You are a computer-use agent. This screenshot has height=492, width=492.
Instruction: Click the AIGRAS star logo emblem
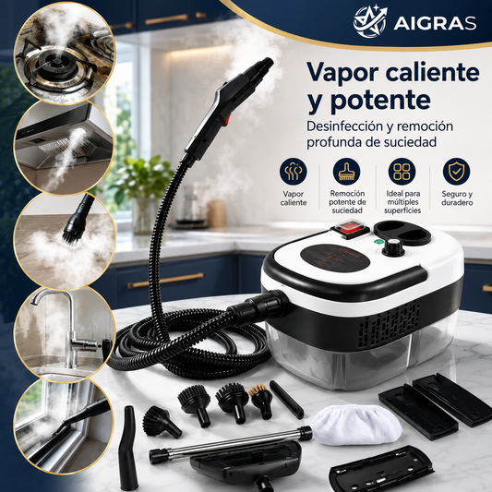pos(370,21)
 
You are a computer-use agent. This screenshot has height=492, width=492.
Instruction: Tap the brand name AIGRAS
pos(435,23)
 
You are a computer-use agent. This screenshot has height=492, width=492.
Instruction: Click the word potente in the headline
pos(380,101)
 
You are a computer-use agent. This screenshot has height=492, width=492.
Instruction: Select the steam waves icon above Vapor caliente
pos(294,172)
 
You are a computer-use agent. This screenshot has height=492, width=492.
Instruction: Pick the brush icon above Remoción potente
pos(347,172)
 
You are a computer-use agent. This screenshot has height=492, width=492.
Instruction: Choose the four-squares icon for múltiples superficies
pos(402,172)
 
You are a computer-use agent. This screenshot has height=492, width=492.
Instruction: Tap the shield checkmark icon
pos(456,172)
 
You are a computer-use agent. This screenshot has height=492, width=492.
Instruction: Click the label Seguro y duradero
pos(457,198)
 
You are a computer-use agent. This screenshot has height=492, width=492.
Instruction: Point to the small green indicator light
pos(378,242)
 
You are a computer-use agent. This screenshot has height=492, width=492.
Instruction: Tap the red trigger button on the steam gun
pos(227,120)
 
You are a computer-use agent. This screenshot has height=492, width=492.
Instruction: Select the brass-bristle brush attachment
pos(260,401)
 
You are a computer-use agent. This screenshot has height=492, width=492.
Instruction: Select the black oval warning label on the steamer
pos(335,257)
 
